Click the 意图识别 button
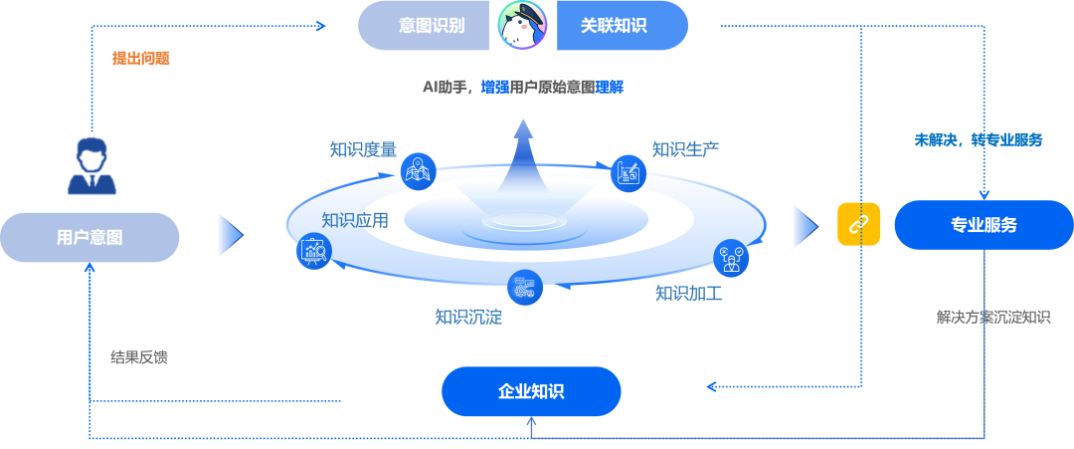pyautogui.click(x=431, y=26)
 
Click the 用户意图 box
pyautogui.click(x=89, y=237)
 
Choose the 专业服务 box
pyautogui.click(x=984, y=225)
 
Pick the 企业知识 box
pyautogui.click(x=531, y=391)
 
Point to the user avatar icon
pyautogui.click(x=91, y=167)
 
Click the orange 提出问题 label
pyautogui.click(x=140, y=58)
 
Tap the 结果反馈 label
pyautogui.click(x=138, y=356)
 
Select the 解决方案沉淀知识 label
pyautogui.click(x=992, y=318)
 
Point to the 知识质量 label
pyautogui.click(x=363, y=149)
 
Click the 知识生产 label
pyautogui.click(x=685, y=148)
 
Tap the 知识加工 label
pyautogui.click(x=688, y=294)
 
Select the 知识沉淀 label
pyautogui.click(x=467, y=318)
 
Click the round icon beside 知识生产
pyautogui.click(x=628, y=172)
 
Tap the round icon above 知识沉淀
pyautogui.click(x=524, y=288)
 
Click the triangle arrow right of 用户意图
pyautogui.click(x=230, y=235)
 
